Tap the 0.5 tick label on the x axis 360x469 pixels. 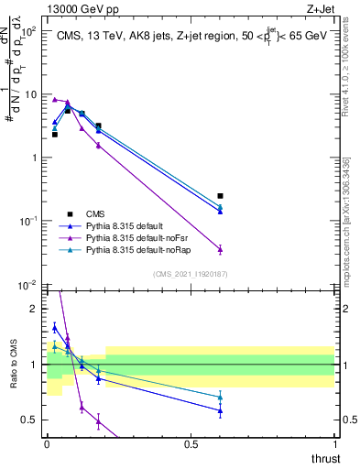(191, 444)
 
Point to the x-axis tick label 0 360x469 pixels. (48, 444)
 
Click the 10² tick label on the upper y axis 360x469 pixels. (30, 31)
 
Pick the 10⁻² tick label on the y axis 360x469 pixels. (30, 285)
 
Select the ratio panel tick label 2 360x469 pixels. (35, 309)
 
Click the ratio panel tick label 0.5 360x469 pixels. (32, 420)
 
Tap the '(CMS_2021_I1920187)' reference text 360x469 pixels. (191, 274)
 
